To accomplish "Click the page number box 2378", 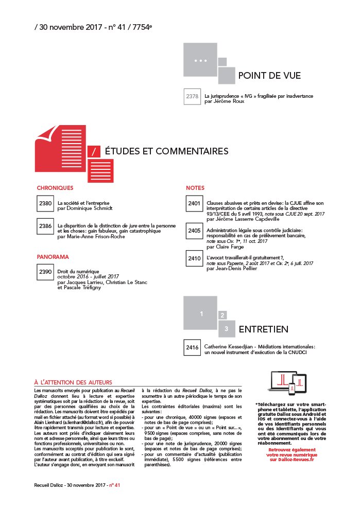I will (x=193, y=96).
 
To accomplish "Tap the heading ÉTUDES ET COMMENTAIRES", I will (x=166, y=151).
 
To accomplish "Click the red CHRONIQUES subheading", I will (x=55, y=188).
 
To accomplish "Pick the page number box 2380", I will (x=45, y=203).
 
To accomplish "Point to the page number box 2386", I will (x=45, y=226).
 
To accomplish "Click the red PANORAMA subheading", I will (x=53, y=256).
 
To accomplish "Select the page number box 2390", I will (x=45, y=272).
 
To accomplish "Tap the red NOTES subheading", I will (x=195, y=188).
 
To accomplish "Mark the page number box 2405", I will (x=194, y=231).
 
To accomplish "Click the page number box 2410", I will (x=194, y=258).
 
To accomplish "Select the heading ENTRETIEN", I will (x=263, y=329).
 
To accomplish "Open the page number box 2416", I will (x=193, y=347).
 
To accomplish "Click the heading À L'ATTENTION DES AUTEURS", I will (x=73, y=382).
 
